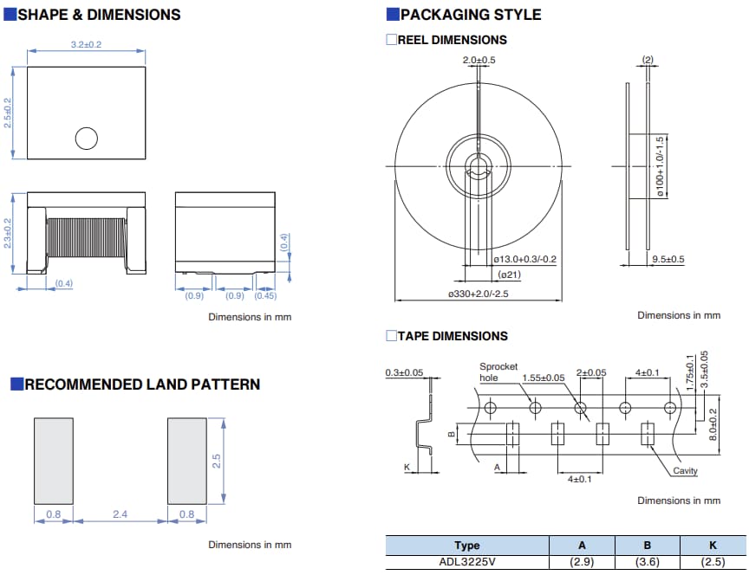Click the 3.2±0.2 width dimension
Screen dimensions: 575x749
click(86, 44)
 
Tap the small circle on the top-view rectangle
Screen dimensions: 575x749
click(86, 138)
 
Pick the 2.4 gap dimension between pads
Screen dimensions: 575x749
click(120, 514)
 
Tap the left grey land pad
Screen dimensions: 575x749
click(53, 460)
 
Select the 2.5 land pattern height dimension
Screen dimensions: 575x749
click(217, 460)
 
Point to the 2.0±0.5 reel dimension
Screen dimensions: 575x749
click(479, 60)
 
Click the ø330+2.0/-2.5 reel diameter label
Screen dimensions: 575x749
click(479, 294)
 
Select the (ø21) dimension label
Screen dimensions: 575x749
click(509, 275)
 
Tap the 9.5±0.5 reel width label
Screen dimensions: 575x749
click(668, 260)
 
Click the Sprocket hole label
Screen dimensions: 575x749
click(498, 372)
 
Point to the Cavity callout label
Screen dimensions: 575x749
click(685, 471)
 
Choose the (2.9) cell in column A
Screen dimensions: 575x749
click(582, 562)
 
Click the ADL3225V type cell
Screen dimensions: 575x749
click(466, 562)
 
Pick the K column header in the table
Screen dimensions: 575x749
click(713, 546)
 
